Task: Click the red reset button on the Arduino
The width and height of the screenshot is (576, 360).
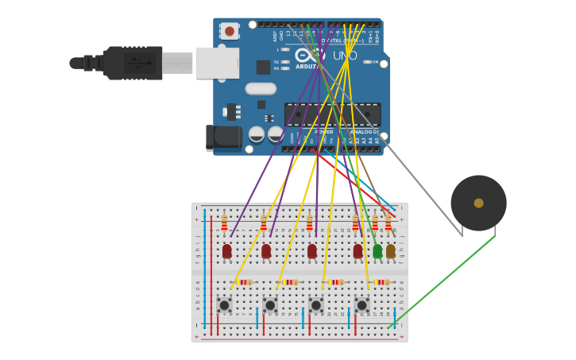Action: point(230,31)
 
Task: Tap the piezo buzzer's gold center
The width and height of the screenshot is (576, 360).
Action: point(478,203)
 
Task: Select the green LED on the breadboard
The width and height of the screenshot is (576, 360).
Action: point(377,251)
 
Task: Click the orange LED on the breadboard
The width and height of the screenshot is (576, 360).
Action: point(390,251)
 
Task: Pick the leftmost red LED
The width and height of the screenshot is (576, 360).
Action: point(226,251)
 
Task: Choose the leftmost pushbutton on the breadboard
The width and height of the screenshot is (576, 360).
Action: point(224,305)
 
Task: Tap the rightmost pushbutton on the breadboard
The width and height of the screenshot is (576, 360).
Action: point(361,305)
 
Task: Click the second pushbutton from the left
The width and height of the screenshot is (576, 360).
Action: point(270,305)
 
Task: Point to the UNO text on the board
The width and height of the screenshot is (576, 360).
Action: point(344,56)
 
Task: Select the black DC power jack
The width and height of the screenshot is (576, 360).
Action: point(223,137)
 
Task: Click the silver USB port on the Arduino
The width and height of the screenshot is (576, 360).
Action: point(218,63)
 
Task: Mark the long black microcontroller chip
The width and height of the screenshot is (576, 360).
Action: point(332,114)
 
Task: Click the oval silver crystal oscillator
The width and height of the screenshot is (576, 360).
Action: point(261,89)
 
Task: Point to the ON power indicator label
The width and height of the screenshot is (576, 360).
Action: point(373,62)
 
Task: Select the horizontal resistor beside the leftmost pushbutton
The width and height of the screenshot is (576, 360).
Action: point(244,282)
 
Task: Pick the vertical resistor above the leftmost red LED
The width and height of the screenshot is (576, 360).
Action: point(224,223)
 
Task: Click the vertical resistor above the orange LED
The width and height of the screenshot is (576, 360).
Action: point(388,223)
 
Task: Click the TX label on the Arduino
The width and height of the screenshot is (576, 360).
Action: point(276,62)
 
